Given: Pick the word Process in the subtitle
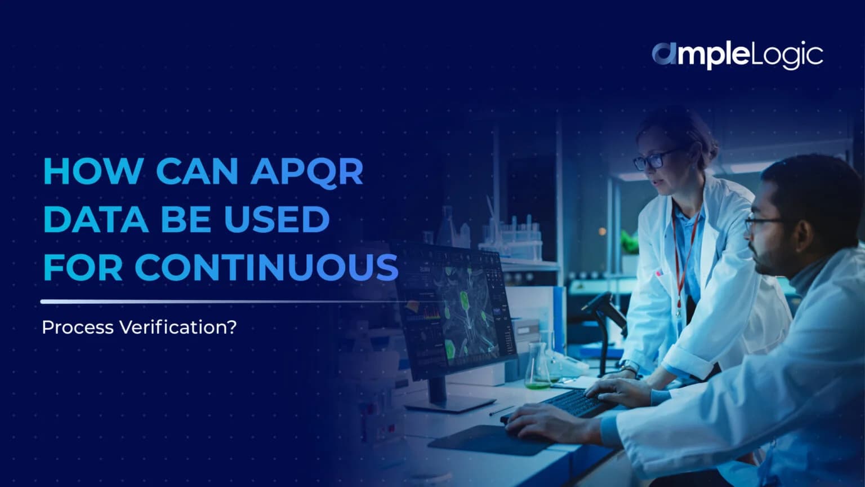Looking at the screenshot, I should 78,327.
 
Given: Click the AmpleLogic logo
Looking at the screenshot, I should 737,55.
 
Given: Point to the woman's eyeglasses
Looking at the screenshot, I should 653,160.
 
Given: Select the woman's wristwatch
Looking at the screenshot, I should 630,369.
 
